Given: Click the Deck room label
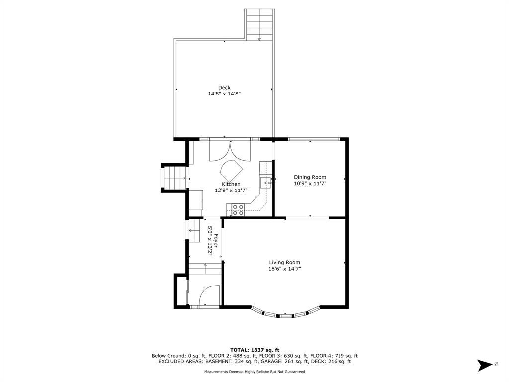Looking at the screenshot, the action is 224,88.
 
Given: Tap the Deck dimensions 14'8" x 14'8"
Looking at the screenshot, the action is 224,94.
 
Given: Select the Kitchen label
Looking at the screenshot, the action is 231,184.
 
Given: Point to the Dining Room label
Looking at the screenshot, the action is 310,177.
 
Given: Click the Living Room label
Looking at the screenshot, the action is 285,263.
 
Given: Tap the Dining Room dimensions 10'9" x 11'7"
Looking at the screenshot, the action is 310,184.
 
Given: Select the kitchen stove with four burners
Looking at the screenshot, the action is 238,210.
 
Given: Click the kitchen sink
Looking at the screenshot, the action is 265,183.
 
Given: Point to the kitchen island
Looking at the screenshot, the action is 232,171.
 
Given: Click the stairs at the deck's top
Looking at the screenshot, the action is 259,25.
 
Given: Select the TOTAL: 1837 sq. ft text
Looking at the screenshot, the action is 255,350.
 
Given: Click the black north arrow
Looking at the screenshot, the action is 485,365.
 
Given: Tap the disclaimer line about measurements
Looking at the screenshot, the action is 255,372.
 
